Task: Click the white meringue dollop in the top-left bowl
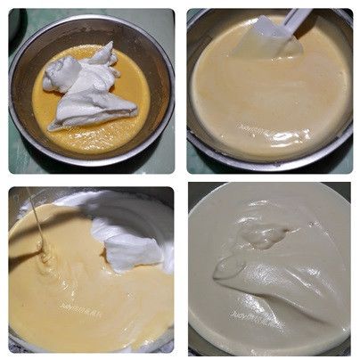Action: (x=89, y=89)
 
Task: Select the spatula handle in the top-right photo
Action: (x=299, y=15)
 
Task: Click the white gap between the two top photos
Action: (x=180, y=89)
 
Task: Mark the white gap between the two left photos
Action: (x=89, y=179)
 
